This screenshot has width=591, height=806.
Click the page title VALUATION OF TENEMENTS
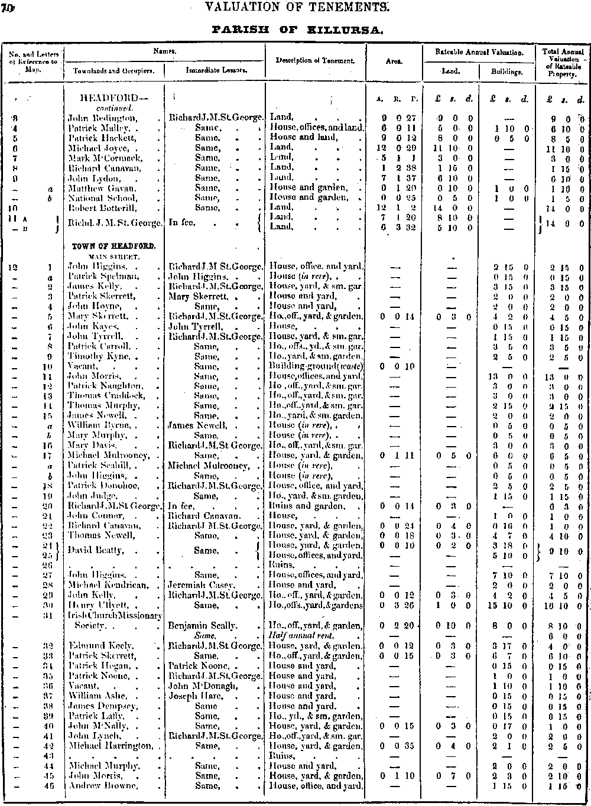click(x=295, y=8)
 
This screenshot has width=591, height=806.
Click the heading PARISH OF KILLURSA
click(x=295, y=28)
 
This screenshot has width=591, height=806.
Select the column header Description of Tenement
click(x=315, y=60)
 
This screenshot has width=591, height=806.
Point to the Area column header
click(x=394, y=60)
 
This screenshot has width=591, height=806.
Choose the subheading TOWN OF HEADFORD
click(x=114, y=245)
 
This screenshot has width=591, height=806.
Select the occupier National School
click(x=95, y=198)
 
